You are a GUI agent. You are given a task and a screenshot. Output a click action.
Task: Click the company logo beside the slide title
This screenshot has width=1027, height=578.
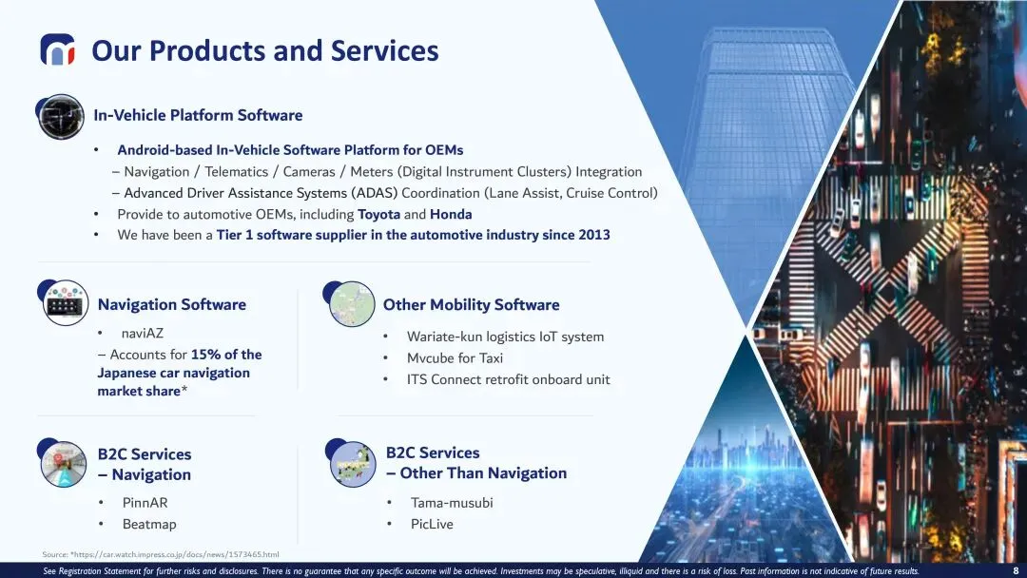(x=58, y=49)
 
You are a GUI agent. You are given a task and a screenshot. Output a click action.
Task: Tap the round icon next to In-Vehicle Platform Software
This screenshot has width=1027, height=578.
(x=60, y=117)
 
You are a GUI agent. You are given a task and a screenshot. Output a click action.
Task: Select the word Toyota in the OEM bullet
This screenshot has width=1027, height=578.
(x=378, y=214)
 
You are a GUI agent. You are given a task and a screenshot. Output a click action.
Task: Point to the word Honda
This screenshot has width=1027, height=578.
(x=451, y=214)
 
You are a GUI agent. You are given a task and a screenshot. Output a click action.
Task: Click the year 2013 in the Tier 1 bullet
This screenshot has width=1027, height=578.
(x=594, y=235)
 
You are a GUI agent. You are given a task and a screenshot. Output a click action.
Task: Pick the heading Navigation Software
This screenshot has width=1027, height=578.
(x=171, y=304)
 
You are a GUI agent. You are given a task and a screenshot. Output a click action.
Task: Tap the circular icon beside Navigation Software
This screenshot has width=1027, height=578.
(x=65, y=302)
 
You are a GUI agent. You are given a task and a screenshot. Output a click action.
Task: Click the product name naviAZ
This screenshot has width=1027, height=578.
(x=142, y=333)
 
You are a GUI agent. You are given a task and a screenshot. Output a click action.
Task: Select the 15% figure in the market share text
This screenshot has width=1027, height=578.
(x=205, y=355)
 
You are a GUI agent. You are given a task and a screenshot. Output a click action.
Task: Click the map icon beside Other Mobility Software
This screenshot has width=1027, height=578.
(x=350, y=303)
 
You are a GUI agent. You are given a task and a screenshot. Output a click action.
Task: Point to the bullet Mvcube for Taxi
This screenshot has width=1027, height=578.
(x=455, y=358)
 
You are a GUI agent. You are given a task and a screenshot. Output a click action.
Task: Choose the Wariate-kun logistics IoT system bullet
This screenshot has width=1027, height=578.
(x=505, y=337)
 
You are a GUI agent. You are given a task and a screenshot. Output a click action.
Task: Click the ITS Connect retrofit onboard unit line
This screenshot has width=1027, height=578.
(x=508, y=379)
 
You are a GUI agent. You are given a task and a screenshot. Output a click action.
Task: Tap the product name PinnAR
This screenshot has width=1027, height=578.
(x=145, y=503)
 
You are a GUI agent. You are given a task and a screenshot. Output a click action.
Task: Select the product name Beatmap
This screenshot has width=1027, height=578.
(x=149, y=524)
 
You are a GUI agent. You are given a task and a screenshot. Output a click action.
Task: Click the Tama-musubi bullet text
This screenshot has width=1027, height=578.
(x=452, y=503)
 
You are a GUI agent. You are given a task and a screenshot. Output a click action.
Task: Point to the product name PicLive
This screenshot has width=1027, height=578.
(x=432, y=524)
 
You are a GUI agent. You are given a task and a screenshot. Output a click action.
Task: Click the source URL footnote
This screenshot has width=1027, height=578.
(x=161, y=554)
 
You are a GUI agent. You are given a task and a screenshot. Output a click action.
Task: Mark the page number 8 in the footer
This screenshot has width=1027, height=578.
(x=1016, y=570)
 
